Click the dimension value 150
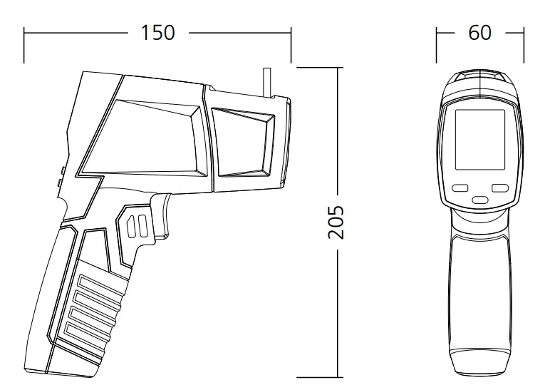tap(157, 33)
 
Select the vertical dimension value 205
tap(336, 222)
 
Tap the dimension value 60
tap(479, 33)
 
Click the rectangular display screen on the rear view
tap(479, 139)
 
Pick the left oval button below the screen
tap(460, 189)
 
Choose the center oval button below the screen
tap(480, 200)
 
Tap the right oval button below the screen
tap(500, 189)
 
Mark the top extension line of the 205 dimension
tap(318, 67)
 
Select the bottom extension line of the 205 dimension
tap(318, 377)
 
